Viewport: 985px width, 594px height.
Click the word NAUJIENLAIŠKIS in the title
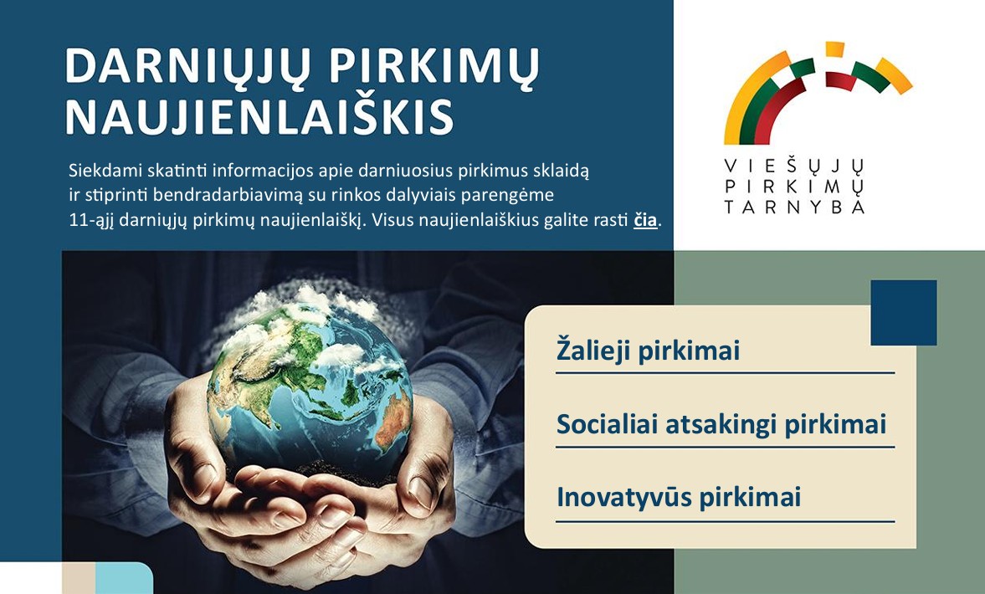pos(259,117)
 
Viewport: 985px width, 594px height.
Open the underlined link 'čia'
pos(645,220)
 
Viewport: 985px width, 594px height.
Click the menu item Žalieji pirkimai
pos(648,351)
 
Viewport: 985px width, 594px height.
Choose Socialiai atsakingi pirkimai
pos(721,424)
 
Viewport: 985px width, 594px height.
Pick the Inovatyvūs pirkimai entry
pos(679,497)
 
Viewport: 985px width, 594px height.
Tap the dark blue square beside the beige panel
pos(903,313)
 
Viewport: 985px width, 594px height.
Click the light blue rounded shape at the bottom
pos(124,578)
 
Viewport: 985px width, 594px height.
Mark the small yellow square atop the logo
pos(834,49)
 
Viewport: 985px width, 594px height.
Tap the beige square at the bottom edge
pos(79,578)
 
